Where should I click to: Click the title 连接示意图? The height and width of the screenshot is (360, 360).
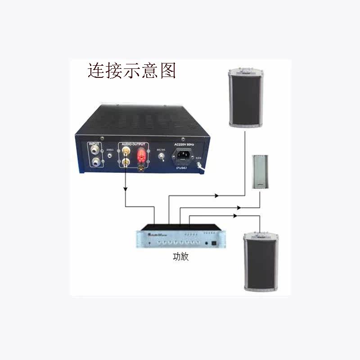[x=131, y=71]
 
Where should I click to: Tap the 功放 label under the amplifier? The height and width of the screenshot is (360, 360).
[x=180, y=258]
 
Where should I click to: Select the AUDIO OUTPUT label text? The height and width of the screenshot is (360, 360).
[x=134, y=144]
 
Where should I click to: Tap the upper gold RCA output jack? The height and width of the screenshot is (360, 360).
[x=125, y=149]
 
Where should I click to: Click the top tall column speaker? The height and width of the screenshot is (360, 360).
[x=245, y=99]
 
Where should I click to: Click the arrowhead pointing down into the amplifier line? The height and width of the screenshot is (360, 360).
[x=125, y=187]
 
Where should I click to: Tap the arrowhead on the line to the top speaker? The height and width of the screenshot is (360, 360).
[x=217, y=196]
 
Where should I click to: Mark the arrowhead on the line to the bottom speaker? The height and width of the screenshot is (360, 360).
[x=234, y=216]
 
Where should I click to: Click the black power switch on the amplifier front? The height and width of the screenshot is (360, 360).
[x=214, y=243]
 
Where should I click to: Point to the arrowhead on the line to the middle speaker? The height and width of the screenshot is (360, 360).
[x=239, y=208]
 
